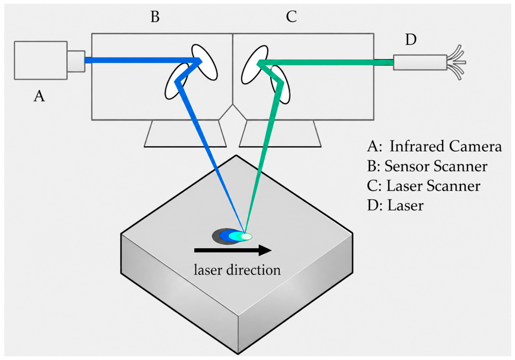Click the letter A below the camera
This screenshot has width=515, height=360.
pyautogui.click(x=39, y=96)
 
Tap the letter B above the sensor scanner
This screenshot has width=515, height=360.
pyautogui.click(x=155, y=16)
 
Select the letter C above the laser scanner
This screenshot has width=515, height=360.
pyautogui.click(x=291, y=16)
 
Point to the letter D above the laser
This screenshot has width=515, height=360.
pyautogui.click(x=411, y=39)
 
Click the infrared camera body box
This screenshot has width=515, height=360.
pyautogui.click(x=41, y=60)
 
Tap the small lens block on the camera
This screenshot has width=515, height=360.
pyautogui.click(x=76, y=61)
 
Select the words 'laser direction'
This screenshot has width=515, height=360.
pyautogui.click(x=237, y=270)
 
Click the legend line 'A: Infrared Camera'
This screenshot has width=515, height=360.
pyautogui.click(x=434, y=146)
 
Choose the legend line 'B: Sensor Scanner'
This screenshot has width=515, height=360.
pyautogui.click(x=427, y=166)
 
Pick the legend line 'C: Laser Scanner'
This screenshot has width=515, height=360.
pyautogui.click(x=424, y=186)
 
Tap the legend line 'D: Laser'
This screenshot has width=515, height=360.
pyautogui.click(x=395, y=206)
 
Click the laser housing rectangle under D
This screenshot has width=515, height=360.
pyautogui.click(x=420, y=62)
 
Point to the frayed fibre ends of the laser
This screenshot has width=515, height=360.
pyautogui.click(x=456, y=62)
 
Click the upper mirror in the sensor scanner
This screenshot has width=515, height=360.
pyautogui.click(x=204, y=62)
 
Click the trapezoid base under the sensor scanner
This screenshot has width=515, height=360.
pyautogui.click(x=185, y=133)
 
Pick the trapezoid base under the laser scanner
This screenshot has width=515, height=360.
pyautogui.click(x=280, y=133)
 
